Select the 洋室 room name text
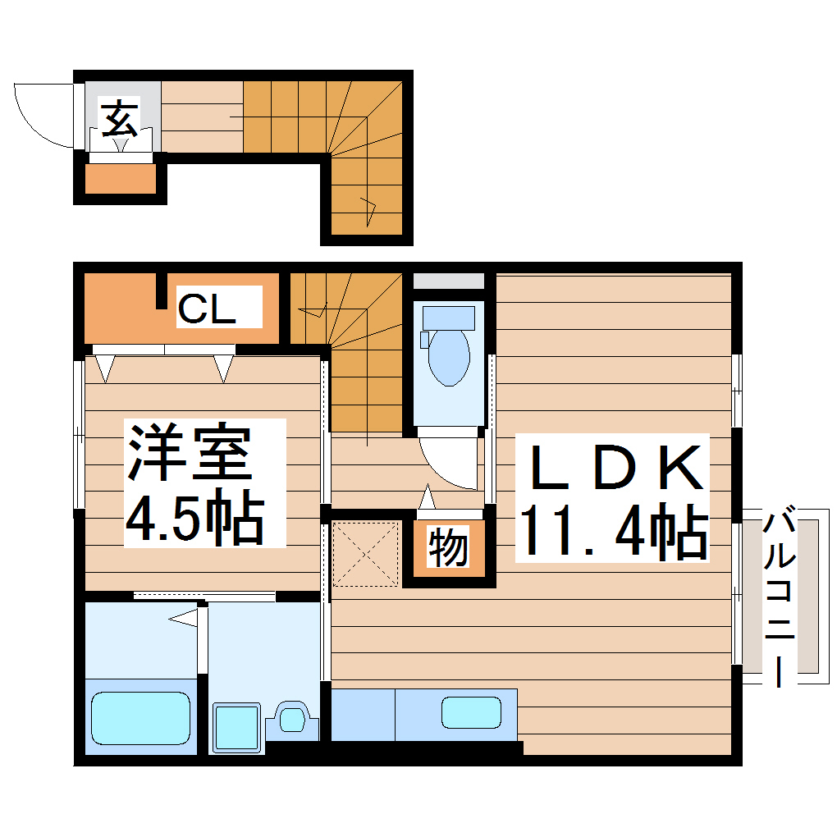coord(188,453)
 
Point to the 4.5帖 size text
coord(194,518)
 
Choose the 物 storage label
coord(448,547)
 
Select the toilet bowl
coord(448,357)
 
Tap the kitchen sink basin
coord(471,711)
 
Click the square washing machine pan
coord(237,727)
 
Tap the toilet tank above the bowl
coord(448,317)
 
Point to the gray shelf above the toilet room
coord(448,281)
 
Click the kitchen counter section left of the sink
coord(363,714)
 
